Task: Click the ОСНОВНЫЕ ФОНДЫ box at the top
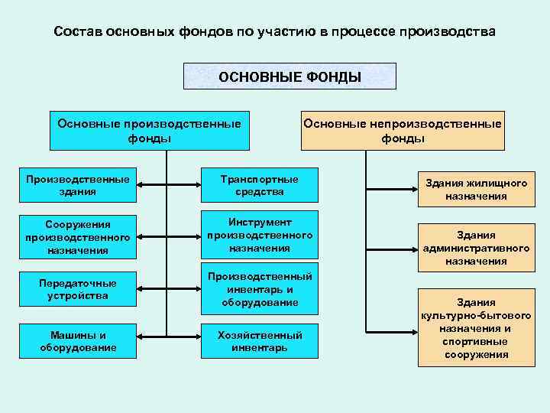pos(290,76)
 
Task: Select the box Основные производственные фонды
pos(150,131)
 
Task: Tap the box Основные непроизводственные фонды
pos(403,131)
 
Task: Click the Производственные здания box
pos(77,186)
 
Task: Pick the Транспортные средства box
pos(260,186)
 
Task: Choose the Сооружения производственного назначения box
pos(77,236)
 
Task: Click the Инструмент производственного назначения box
pos(260,236)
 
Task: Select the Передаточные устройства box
pos(77,290)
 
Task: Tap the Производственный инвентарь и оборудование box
pos(260,290)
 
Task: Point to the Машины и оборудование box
pos(77,341)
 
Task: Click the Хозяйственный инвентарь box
pos(260,341)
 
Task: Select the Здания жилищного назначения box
pos(476,190)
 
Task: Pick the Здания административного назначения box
pos(476,247)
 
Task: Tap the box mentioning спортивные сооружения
pos(476,328)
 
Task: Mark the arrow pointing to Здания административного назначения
pos(390,248)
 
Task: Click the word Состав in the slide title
pos(79,33)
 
